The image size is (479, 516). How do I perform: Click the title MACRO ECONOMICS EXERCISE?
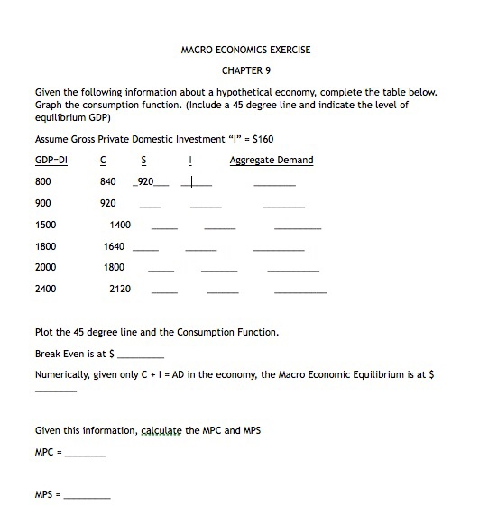245,50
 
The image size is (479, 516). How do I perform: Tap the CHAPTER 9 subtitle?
245,70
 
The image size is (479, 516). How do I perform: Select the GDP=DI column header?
51,161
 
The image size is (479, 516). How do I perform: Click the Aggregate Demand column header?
272,161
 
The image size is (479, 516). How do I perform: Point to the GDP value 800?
42,182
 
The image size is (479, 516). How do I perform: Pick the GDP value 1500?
45,225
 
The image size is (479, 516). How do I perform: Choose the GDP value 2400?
45,289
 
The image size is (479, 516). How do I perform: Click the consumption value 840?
108,182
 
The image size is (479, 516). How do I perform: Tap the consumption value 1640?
115,246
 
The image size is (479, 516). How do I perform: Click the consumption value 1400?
120,225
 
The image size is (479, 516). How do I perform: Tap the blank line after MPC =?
86,454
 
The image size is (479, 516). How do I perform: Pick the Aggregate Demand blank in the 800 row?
274,185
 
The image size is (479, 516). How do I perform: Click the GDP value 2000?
45,267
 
